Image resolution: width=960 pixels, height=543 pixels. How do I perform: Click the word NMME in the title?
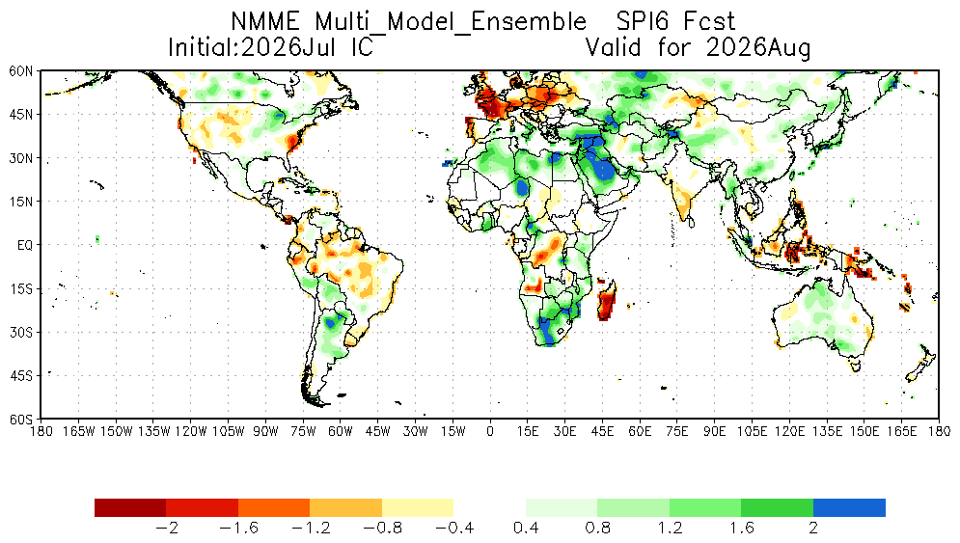265,22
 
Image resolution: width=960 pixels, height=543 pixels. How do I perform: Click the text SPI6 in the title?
641,22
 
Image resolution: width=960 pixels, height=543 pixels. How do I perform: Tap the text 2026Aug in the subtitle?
758,47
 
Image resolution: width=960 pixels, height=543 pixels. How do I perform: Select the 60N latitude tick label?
21,71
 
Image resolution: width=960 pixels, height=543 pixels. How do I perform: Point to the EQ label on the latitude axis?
25,245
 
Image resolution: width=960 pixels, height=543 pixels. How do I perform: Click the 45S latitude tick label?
21,375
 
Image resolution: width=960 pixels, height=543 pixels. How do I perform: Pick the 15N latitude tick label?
21,202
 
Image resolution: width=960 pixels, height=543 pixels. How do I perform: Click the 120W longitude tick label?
191,431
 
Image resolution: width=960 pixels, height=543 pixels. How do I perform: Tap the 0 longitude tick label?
490,431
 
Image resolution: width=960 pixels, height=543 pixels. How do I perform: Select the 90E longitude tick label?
715,431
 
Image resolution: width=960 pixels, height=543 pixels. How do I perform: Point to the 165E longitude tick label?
901,431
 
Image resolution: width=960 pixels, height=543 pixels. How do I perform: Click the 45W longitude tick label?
378,431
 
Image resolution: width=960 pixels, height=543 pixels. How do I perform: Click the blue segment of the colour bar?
849,507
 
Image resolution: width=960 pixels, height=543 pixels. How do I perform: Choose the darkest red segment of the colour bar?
130,507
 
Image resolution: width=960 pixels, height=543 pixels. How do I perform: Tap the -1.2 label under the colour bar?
311,528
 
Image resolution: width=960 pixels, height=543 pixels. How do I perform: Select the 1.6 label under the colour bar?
741,528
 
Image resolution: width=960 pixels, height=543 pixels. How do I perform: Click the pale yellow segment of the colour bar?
418,507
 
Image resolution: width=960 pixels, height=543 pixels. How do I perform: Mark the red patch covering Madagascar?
606,301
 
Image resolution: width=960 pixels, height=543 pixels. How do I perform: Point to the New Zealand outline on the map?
920,364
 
